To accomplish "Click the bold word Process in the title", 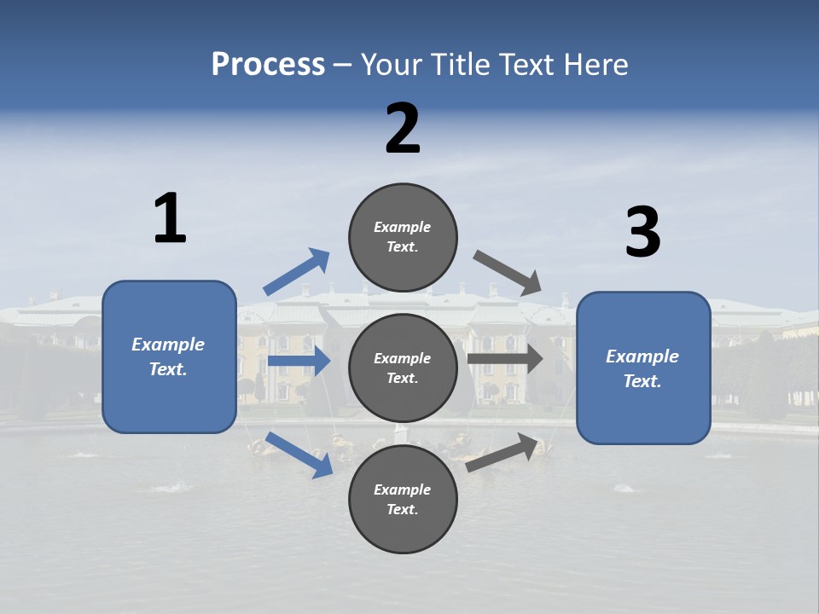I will pos(268,65).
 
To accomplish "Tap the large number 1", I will pos(170,218).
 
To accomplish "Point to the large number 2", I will pos(403,129).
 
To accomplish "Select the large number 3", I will pos(642,233).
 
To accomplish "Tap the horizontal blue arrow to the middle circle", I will pos(299,362).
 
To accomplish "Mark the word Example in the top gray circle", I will pos(403,227).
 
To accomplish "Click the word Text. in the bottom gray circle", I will pos(403,509).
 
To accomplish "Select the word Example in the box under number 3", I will pos(642,356).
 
